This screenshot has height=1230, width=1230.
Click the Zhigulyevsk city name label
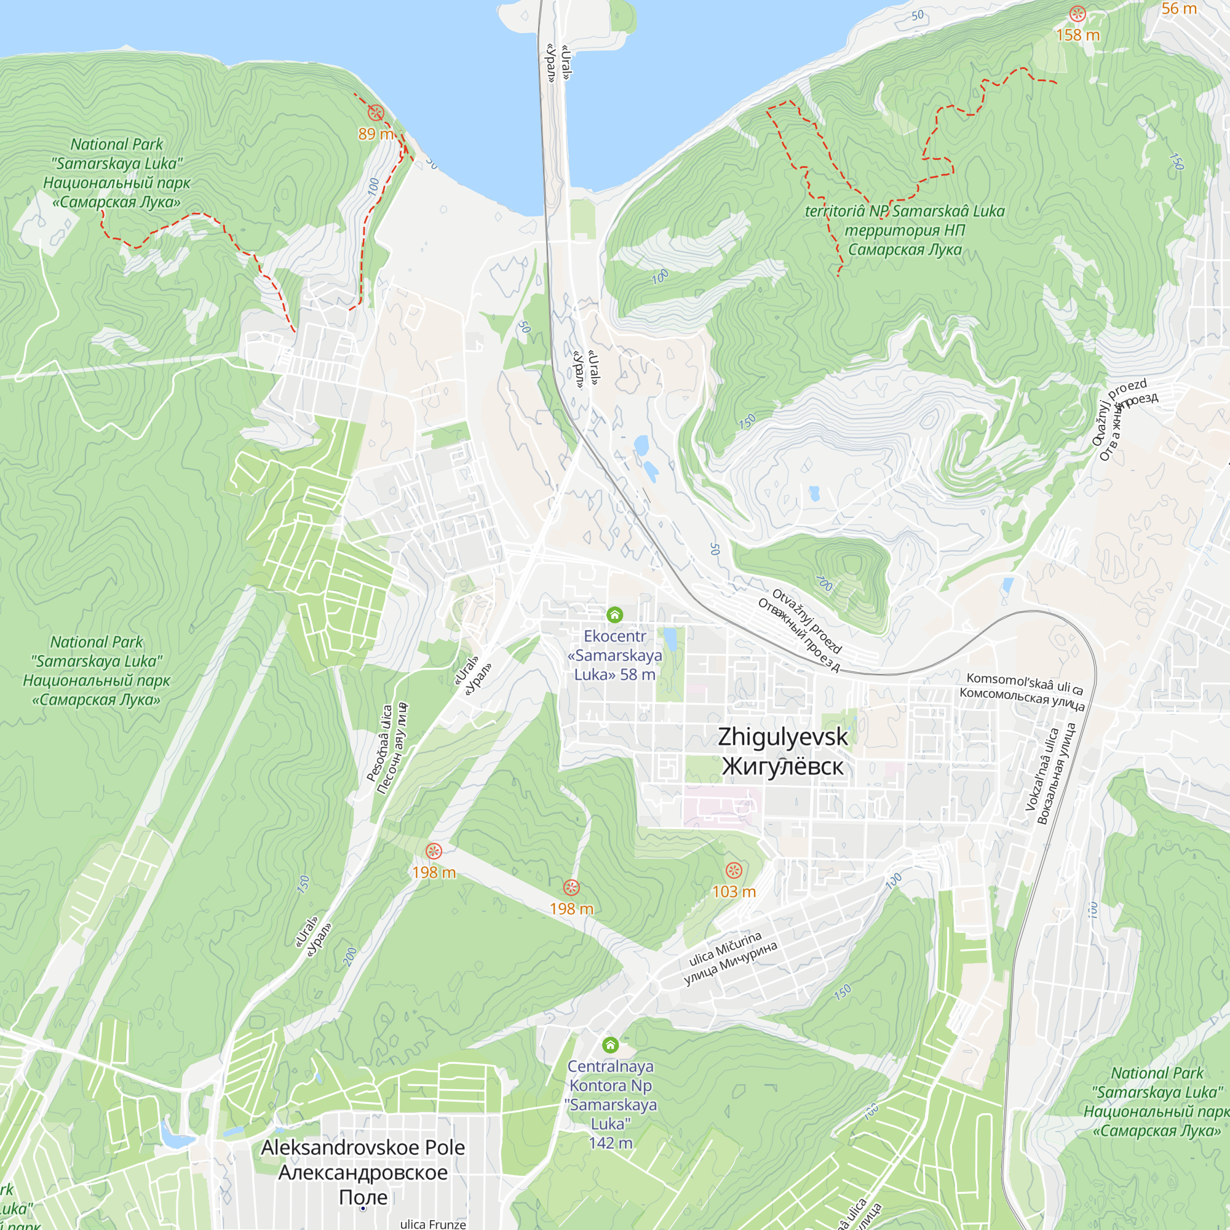(782, 752)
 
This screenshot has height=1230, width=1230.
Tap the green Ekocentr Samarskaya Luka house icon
(614, 614)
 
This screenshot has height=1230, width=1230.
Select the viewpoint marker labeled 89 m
(376, 113)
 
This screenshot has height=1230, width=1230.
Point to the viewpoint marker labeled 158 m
(1077, 14)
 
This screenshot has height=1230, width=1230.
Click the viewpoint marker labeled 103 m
(734, 870)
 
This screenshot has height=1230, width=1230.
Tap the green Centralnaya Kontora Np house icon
(610, 1045)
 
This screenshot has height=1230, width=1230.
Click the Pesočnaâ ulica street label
(386, 748)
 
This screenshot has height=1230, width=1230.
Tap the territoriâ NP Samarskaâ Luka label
(905, 230)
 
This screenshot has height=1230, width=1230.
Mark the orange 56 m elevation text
(1179, 9)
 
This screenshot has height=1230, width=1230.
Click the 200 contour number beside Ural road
(350, 956)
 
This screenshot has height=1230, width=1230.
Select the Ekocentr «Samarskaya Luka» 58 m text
(614, 655)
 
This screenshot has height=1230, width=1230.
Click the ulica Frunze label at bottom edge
(433, 1224)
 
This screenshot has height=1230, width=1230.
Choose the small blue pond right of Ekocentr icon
(670, 638)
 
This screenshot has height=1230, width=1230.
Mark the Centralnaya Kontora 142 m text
(611, 1105)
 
